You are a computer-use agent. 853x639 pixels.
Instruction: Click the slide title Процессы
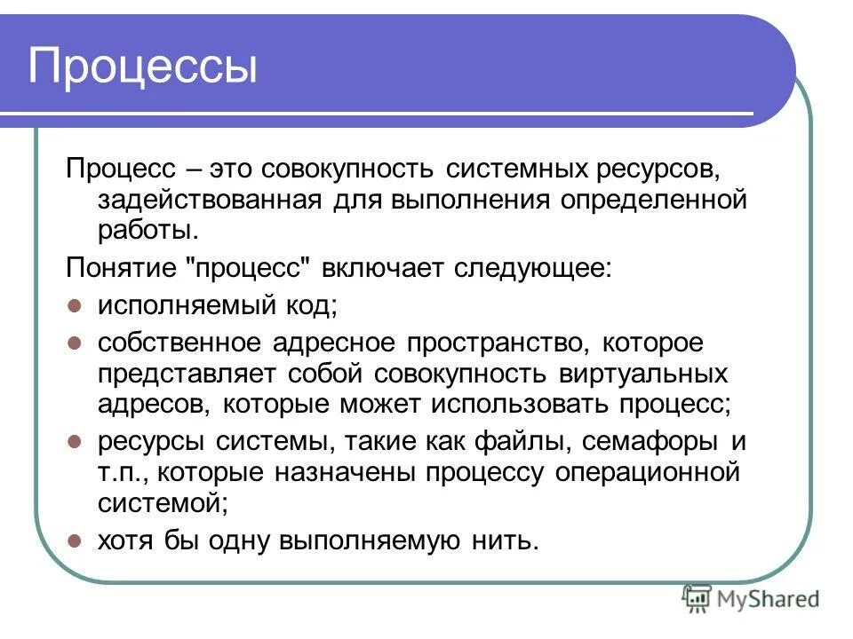[143, 67]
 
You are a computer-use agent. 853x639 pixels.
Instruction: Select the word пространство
[497, 343]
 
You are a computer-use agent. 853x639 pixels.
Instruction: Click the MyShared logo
[752, 599]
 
